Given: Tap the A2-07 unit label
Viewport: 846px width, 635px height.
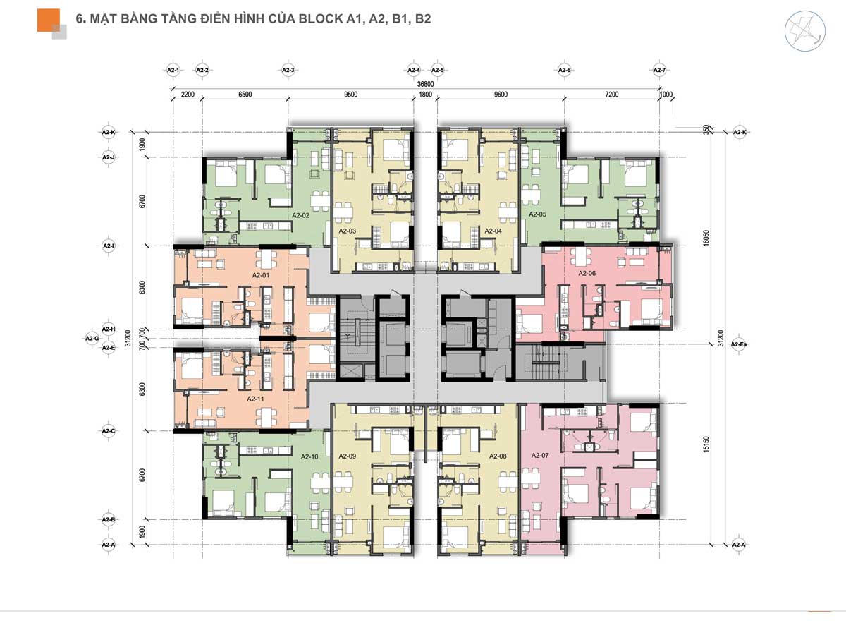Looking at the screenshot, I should click(x=539, y=456).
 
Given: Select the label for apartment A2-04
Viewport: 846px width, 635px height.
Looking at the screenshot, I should click(x=493, y=231).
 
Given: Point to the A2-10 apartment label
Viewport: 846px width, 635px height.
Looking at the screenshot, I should click(x=310, y=456).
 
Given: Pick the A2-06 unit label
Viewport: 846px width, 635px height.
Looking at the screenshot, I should click(x=587, y=272).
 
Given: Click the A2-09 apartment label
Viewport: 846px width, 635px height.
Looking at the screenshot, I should click(x=348, y=456).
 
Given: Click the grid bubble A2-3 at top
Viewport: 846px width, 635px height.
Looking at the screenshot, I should click(x=288, y=70).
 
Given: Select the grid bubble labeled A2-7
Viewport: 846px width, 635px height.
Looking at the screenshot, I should click(x=659, y=70).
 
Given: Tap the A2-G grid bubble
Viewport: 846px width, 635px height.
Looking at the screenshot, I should click(x=92, y=339).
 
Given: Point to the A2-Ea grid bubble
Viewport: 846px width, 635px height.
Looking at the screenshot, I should click(x=740, y=344).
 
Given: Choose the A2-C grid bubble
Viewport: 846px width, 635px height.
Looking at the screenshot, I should click(x=108, y=430).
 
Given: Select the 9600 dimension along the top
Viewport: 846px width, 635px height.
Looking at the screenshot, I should click(x=501, y=94).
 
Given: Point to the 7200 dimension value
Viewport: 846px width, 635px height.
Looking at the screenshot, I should click(x=611, y=94).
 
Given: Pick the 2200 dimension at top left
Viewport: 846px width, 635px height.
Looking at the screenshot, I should click(x=187, y=94).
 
